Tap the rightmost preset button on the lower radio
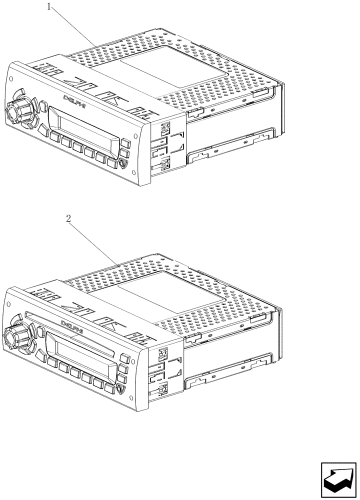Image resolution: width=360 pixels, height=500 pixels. click(x=109, y=386)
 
